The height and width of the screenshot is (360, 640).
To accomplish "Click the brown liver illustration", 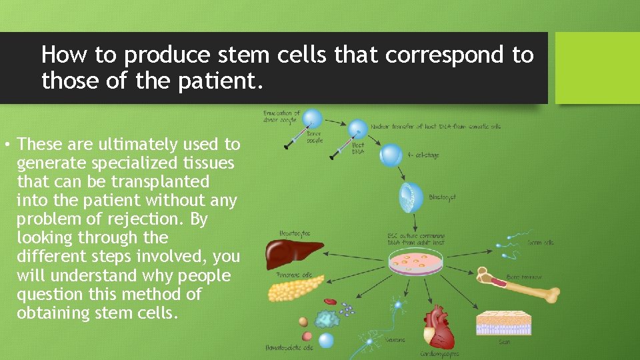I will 293,253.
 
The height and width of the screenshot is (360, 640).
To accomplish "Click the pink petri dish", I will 416,263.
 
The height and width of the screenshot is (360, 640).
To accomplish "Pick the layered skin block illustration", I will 504,323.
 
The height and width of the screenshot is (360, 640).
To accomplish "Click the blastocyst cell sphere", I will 411,197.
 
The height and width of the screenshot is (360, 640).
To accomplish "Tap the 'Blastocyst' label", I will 442,198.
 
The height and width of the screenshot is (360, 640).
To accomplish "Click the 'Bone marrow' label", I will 524,277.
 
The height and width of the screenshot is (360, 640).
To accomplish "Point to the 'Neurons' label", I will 395,340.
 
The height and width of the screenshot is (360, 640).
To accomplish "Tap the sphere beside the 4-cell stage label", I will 391,155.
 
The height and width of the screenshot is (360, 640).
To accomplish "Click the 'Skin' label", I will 504,343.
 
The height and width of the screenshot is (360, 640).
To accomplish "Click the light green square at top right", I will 597,68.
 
